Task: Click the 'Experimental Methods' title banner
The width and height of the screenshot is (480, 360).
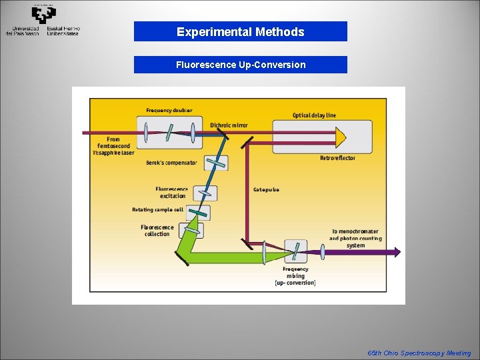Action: click(x=240, y=31)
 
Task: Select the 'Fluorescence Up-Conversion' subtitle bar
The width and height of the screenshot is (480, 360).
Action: click(x=240, y=65)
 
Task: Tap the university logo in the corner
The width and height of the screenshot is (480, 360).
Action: click(x=43, y=20)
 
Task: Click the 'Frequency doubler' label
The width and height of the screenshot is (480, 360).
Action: click(x=169, y=110)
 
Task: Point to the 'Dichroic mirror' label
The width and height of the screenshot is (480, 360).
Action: click(x=229, y=125)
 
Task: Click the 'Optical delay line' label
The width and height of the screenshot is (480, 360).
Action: click(x=314, y=115)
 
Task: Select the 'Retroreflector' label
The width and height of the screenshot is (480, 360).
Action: click(x=337, y=158)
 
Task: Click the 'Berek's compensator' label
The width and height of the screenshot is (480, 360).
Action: click(x=171, y=163)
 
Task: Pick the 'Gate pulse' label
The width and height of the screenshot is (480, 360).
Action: click(x=266, y=189)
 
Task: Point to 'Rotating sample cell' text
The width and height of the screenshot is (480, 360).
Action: click(x=157, y=210)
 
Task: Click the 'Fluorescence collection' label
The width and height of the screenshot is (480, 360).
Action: click(x=157, y=230)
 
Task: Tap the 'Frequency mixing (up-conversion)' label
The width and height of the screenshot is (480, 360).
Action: click(x=295, y=275)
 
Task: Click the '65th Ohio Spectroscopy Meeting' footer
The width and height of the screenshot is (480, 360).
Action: click(x=419, y=353)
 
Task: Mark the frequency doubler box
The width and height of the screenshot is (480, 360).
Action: click(x=169, y=132)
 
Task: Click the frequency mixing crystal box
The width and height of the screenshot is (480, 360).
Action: click(x=295, y=251)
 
